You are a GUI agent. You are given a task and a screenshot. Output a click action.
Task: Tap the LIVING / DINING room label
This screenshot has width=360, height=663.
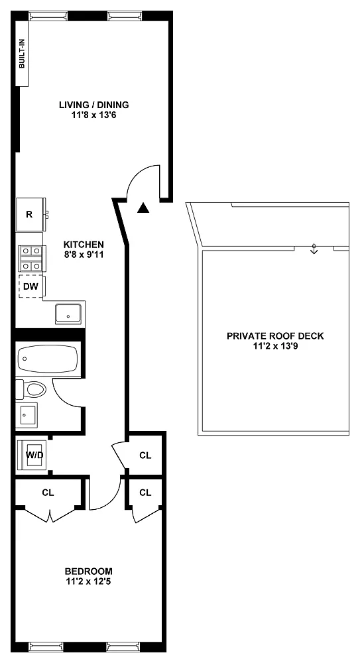[x=94, y=105]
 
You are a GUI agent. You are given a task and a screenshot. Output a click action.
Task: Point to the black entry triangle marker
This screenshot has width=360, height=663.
[x=144, y=208]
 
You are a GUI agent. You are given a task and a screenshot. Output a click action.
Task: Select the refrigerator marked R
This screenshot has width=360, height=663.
[x=30, y=214]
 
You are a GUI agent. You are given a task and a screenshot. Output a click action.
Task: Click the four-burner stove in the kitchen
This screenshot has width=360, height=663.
[x=31, y=259]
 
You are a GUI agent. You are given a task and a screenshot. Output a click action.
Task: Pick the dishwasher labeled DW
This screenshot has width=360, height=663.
[x=31, y=286]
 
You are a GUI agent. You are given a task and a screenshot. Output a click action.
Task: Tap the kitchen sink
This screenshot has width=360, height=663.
[x=68, y=314]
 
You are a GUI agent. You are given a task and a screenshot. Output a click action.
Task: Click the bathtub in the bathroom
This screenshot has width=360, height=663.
[x=47, y=359]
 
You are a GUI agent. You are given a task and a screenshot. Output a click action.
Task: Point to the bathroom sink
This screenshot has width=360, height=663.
[x=27, y=414]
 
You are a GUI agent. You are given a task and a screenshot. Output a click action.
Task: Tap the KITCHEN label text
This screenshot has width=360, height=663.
[x=84, y=245]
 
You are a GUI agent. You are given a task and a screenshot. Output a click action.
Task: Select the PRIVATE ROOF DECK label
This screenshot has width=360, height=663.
[x=275, y=336]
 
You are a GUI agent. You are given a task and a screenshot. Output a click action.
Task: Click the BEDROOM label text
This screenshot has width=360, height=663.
[x=88, y=572]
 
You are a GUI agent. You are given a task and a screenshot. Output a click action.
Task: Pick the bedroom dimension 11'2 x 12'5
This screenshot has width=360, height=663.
[x=88, y=581]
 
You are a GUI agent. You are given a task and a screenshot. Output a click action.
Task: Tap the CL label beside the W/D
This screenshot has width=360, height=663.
[x=145, y=455]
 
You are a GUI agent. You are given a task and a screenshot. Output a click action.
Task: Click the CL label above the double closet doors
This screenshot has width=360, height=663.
[x=48, y=493]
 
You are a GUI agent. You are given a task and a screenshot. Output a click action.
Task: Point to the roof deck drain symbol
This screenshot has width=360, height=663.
[x=314, y=249]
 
